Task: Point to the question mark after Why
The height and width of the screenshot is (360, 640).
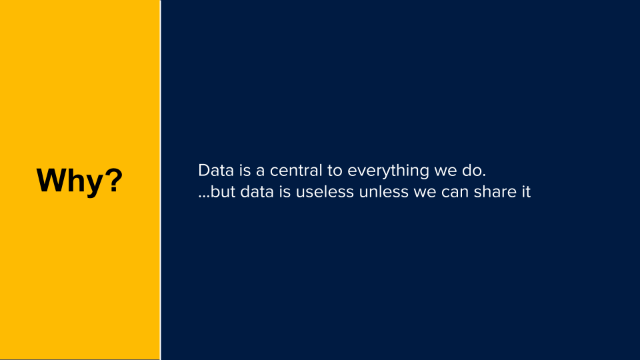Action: click(x=111, y=179)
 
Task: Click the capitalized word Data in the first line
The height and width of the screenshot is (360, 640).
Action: click(x=216, y=171)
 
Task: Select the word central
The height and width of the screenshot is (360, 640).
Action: click(x=296, y=171)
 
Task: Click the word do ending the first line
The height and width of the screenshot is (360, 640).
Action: click(x=474, y=171)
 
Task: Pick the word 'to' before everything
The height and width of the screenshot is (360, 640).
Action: click(x=335, y=171)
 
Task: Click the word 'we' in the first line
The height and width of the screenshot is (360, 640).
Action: click(x=445, y=172)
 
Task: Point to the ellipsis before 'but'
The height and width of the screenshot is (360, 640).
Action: click(x=204, y=197)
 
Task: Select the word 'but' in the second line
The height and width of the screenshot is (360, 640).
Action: click(x=223, y=192)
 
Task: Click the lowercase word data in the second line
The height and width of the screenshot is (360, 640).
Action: click(x=257, y=192)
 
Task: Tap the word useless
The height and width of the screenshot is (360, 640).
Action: click(x=325, y=192)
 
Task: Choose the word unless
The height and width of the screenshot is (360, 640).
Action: click(x=384, y=192)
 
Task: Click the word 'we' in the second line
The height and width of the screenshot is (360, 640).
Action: click(x=425, y=193)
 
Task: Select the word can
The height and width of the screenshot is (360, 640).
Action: click(x=455, y=193)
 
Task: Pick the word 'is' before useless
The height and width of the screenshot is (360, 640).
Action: click(x=285, y=192)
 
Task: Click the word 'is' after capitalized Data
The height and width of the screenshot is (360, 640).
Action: click(x=245, y=171)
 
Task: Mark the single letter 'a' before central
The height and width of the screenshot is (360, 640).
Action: click(x=261, y=172)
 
